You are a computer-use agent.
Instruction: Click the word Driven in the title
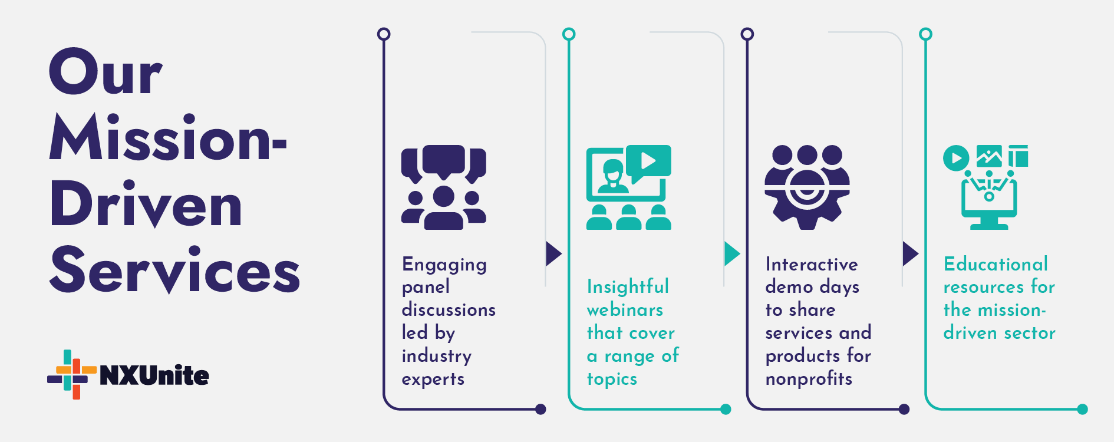[x=146, y=204]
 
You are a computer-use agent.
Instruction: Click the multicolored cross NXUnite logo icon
[x=72, y=374]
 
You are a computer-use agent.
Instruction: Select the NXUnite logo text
[x=154, y=375]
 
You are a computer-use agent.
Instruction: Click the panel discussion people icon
[x=443, y=187]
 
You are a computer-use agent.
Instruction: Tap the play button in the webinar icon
[x=648, y=160]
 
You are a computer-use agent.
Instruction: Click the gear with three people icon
[x=807, y=187]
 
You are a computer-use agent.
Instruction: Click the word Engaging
[x=444, y=265]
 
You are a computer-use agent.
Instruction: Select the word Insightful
[x=628, y=287]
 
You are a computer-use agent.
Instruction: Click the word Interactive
[x=811, y=264]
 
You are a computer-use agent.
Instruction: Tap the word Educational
[x=996, y=264]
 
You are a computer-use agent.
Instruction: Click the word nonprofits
[x=809, y=379]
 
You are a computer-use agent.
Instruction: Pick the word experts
[x=433, y=379]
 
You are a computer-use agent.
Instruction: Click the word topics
[x=612, y=379]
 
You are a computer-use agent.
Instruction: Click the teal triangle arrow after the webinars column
[x=731, y=253]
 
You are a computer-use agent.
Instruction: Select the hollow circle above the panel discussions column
[x=384, y=34]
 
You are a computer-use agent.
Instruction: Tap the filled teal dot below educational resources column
[x=1082, y=409]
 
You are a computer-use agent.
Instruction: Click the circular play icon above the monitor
[x=955, y=159]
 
